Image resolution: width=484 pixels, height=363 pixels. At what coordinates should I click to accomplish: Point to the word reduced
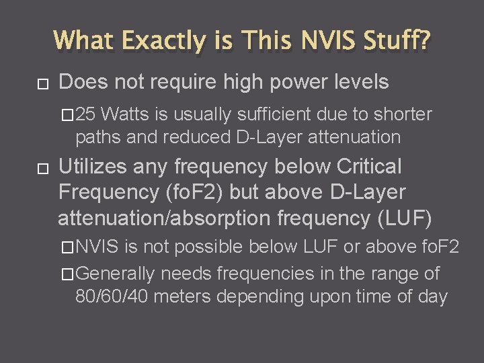click(205, 138)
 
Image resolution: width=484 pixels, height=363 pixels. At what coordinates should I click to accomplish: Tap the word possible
click(209, 247)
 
